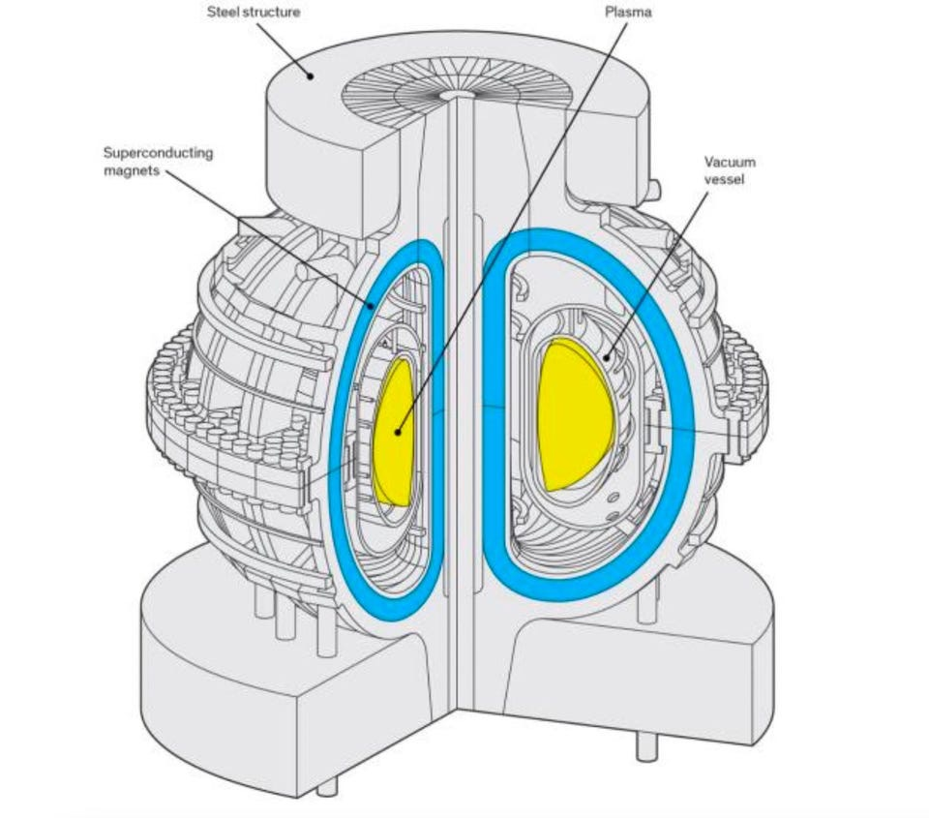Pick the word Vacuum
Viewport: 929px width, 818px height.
pyautogui.click(x=730, y=162)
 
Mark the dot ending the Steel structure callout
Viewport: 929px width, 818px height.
pyautogui.click(x=310, y=75)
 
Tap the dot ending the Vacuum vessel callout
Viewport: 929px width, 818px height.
pyautogui.click(x=607, y=357)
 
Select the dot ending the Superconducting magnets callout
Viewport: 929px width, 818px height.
pyautogui.click(x=371, y=304)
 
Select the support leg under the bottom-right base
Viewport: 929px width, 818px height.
pyautogui.click(x=643, y=745)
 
